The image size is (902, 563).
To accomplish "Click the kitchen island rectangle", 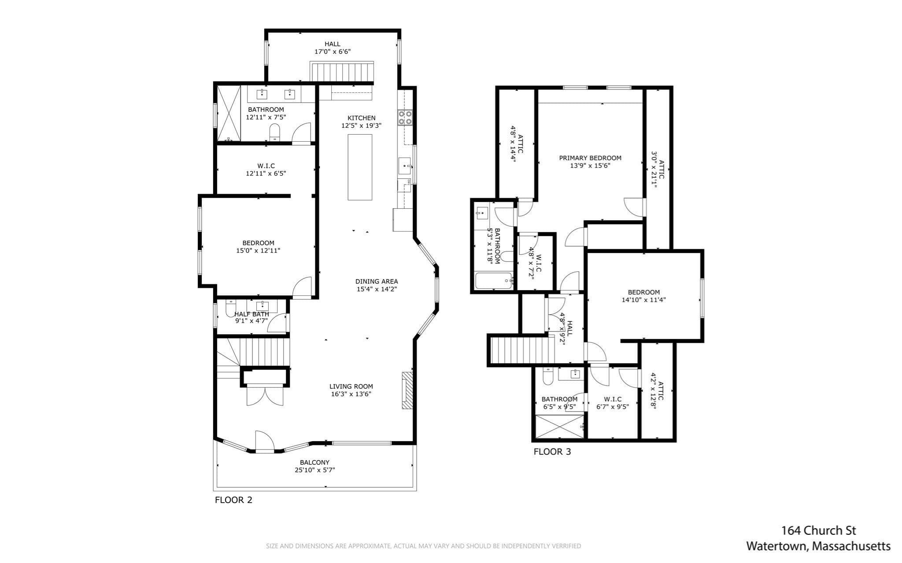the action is click(360, 167).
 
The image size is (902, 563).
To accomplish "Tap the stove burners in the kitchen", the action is click(405, 117).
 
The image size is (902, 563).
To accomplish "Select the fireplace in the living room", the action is click(407, 390).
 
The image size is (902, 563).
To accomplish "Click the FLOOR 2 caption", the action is click(233, 500).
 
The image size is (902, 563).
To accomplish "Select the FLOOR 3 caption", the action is click(552, 452).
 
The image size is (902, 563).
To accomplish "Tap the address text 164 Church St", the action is click(819, 530).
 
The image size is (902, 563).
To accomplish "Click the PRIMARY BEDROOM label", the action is click(590, 158).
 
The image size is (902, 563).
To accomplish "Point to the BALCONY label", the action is click(314, 462).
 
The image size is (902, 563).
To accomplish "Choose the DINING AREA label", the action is click(377, 281).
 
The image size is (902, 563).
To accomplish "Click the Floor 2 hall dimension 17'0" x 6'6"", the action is click(333, 52).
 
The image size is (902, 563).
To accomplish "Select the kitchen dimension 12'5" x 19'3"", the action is click(361, 125).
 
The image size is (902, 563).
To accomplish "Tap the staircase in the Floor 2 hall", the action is click(342, 72).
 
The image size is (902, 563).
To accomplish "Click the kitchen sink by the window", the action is click(405, 166).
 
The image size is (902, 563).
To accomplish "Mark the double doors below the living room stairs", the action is click(265, 395).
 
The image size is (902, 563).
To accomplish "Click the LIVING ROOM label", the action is click(351, 386).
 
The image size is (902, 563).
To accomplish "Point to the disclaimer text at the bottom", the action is click(423, 546).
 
